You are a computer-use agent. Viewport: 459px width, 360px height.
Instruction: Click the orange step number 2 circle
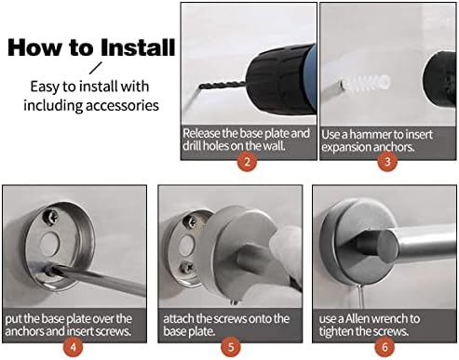(248, 161)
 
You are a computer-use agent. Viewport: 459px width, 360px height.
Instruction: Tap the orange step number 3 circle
(387, 161)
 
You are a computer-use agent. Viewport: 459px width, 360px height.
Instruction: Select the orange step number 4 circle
(73, 346)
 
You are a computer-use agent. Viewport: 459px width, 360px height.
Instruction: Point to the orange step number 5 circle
(231, 346)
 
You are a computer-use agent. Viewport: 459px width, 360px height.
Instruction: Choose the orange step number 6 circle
(385, 346)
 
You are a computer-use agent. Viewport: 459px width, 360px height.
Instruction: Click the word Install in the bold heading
(138, 47)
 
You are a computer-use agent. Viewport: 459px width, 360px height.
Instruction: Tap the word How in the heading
(35, 47)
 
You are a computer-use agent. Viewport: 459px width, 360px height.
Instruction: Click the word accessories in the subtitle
(122, 105)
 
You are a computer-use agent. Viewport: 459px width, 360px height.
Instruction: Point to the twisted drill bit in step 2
(223, 85)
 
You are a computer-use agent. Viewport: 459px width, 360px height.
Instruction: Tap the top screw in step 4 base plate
(52, 216)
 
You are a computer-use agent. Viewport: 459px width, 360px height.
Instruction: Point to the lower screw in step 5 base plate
(186, 267)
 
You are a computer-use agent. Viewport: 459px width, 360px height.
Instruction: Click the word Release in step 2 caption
(201, 133)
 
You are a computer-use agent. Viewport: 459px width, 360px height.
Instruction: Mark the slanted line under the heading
(96, 68)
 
